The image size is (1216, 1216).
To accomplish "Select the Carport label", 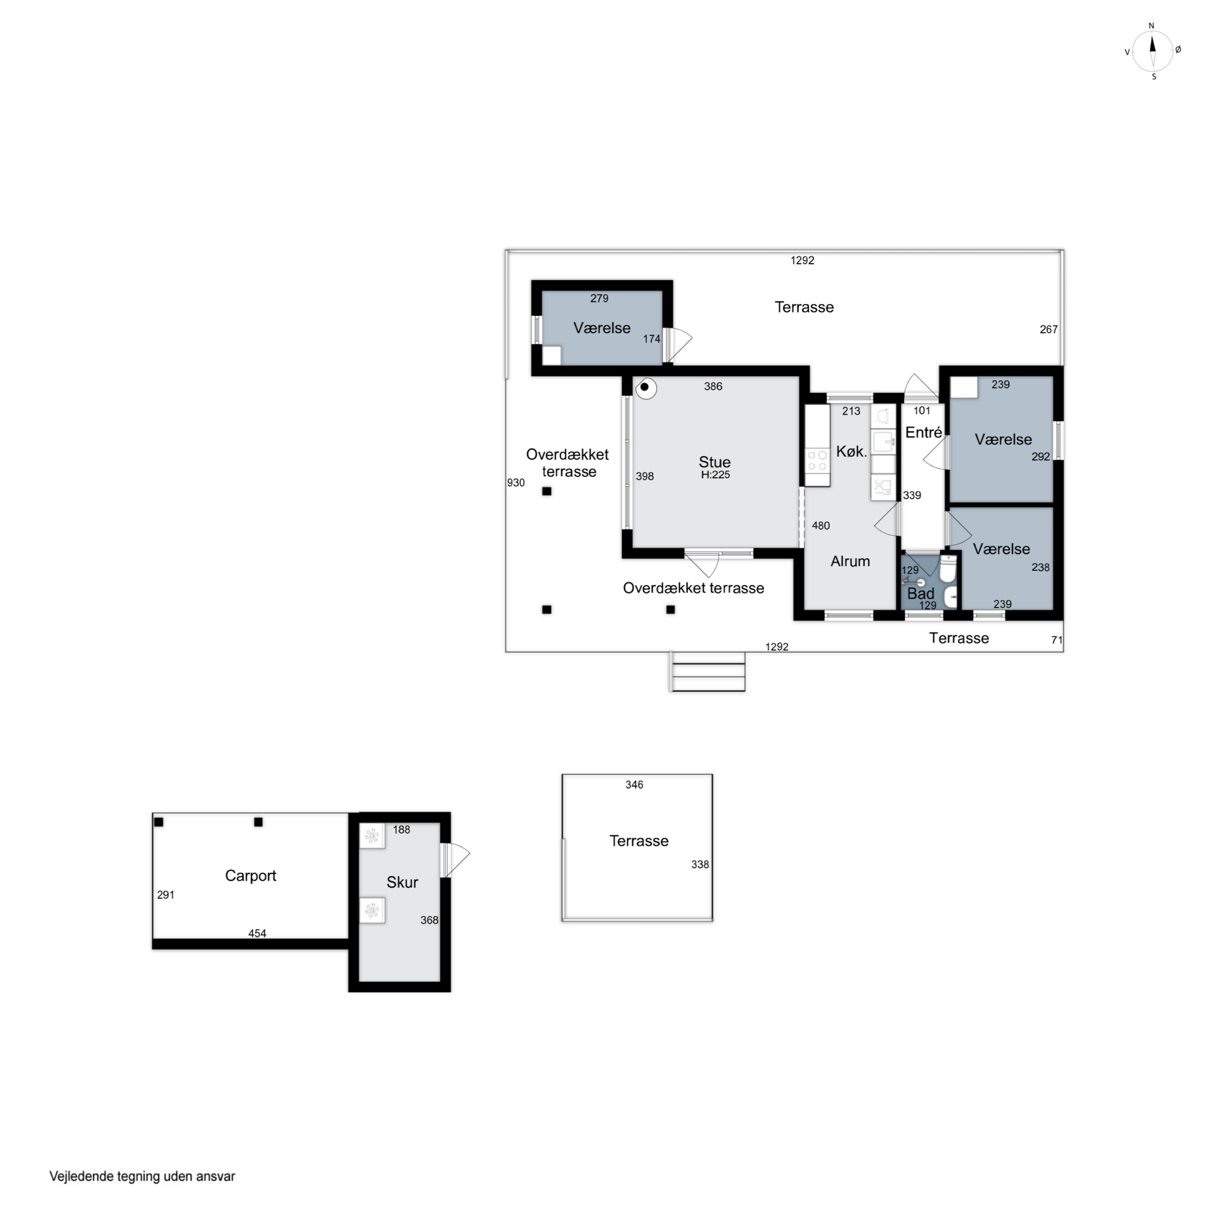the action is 250,876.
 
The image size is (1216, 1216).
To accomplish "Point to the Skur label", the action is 402,882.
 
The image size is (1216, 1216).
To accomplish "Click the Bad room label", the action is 920,593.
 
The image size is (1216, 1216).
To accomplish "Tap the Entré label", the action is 923,432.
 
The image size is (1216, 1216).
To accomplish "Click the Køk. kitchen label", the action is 852,451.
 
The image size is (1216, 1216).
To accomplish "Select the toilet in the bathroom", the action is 947,569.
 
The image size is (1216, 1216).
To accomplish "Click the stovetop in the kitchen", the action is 817,460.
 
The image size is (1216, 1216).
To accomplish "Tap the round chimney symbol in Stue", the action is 645,388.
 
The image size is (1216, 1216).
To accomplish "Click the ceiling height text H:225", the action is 716,475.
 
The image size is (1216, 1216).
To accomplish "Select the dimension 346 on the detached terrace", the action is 634,785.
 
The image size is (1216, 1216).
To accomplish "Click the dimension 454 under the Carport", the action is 257,934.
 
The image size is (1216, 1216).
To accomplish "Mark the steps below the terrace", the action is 708,672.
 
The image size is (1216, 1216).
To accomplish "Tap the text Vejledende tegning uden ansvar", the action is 142,1176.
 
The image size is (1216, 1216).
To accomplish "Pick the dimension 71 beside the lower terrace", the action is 1057,640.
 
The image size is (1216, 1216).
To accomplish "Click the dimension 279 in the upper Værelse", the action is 599,298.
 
